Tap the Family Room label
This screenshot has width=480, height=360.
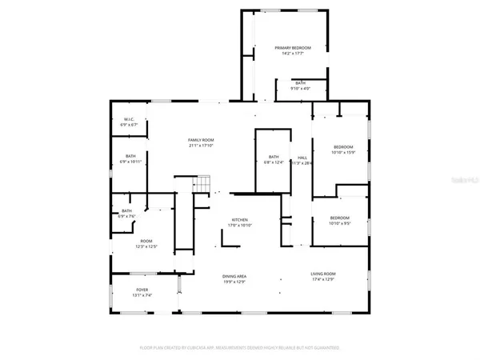[189, 140]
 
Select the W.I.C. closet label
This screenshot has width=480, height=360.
[128, 121]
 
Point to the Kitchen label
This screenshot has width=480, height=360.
[240, 220]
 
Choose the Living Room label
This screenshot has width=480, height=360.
[323, 275]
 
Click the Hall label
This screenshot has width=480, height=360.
[302, 158]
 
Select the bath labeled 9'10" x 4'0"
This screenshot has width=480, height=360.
[300, 84]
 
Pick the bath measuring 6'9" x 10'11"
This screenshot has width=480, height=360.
[130, 157]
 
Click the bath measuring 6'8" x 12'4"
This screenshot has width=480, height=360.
[274, 157]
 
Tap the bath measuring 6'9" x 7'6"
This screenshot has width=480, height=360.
[126, 211]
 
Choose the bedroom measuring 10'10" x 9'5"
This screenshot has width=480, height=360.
[340, 218]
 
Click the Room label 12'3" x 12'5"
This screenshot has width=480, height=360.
[146, 242]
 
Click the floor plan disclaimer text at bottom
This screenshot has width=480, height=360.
[240, 348]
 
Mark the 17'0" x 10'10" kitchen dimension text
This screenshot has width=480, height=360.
[240, 226]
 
